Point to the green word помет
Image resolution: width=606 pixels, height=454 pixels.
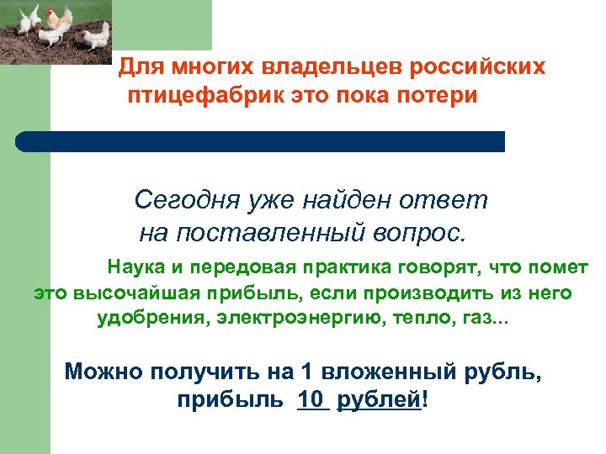point(557,268)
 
